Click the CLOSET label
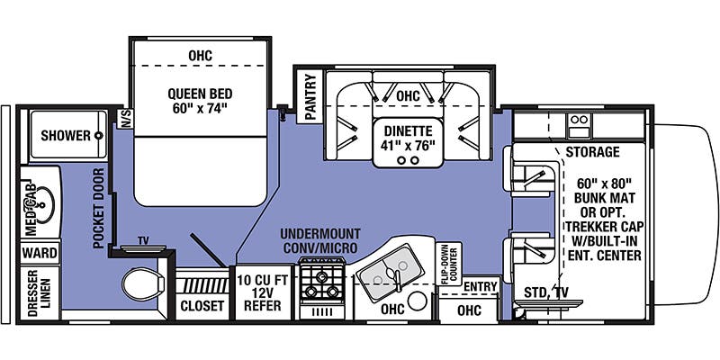[202, 306]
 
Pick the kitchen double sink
[388, 268]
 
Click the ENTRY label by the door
[481, 285]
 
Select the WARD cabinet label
[40, 253]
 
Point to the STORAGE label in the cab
[592, 152]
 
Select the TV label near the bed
[143, 241]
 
